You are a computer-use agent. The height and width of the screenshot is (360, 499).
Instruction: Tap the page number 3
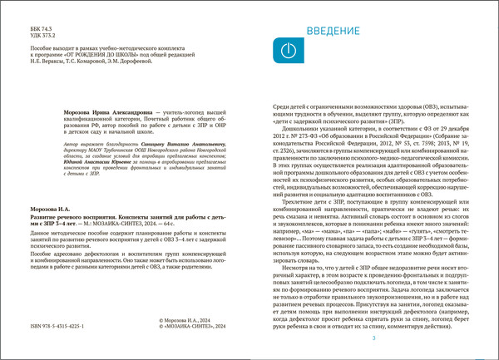373,338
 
